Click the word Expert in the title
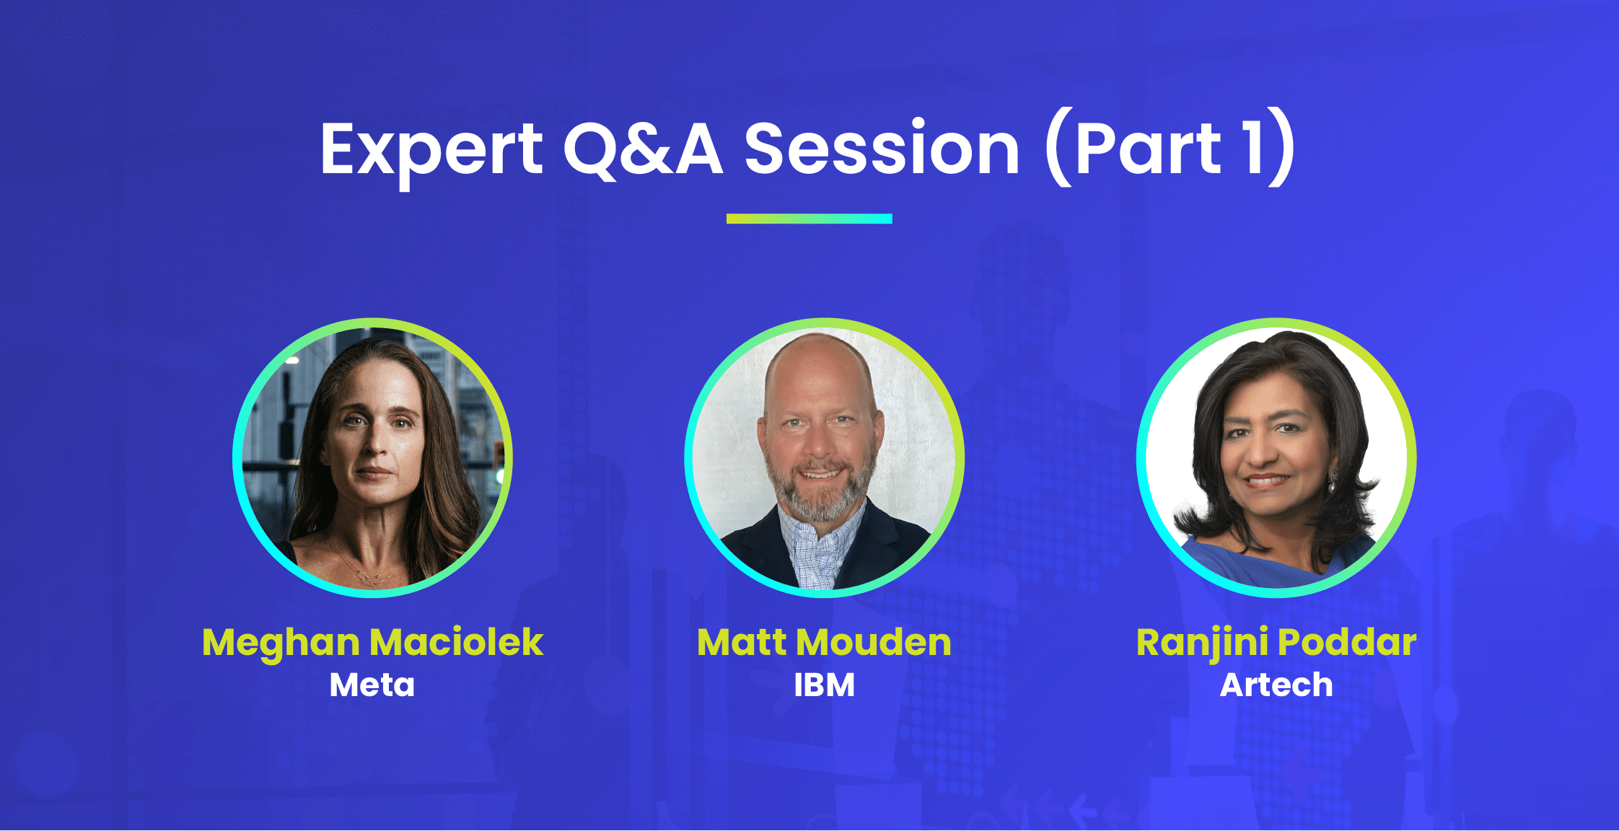click(x=431, y=149)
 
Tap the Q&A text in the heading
click(x=642, y=149)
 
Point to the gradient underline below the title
click(x=809, y=219)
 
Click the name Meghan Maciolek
click(x=372, y=642)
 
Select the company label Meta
click(x=372, y=685)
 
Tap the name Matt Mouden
click(x=824, y=642)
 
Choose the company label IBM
click(x=824, y=685)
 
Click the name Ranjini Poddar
click(x=1276, y=642)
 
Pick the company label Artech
click(x=1276, y=685)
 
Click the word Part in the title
click(x=1147, y=149)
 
